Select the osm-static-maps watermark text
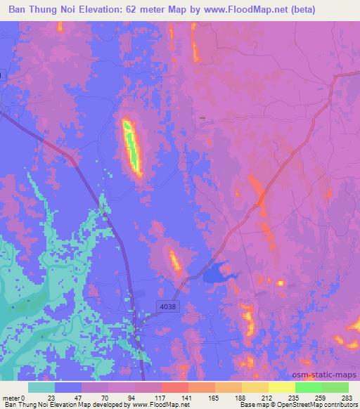tap(326, 374)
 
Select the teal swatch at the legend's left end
tap(41, 387)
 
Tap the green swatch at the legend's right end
tap(335, 387)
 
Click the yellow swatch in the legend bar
tap(282, 387)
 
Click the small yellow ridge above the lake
tap(174, 261)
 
